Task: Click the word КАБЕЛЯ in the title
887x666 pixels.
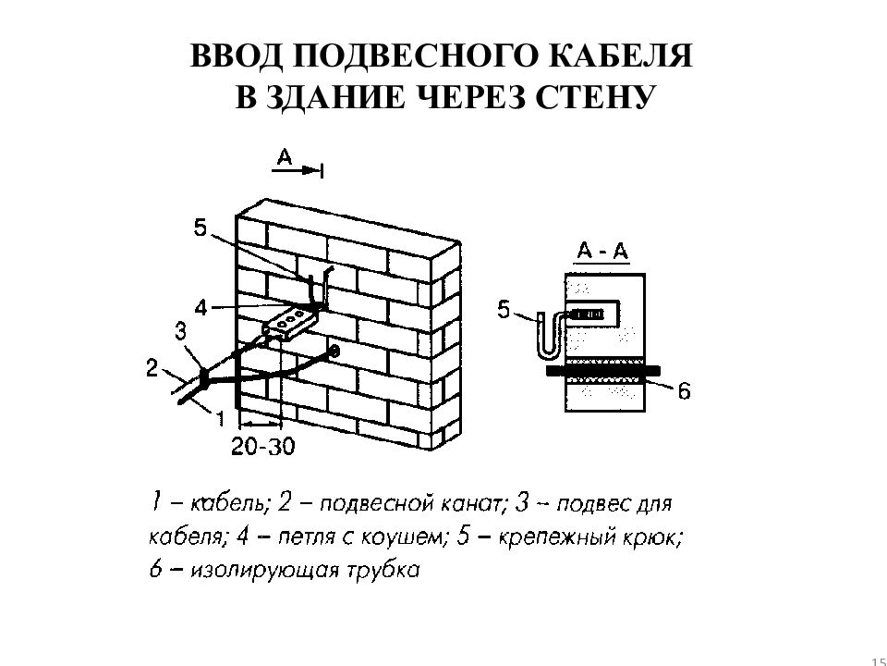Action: pyautogui.click(x=621, y=56)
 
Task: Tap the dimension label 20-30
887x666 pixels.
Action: pyautogui.click(x=263, y=447)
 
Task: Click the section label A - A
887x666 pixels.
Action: pyautogui.click(x=602, y=252)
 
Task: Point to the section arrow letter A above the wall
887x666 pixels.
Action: pyautogui.click(x=284, y=156)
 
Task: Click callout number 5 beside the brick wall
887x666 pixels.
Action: pyautogui.click(x=200, y=228)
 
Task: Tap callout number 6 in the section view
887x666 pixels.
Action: pyautogui.click(x=684, y=390)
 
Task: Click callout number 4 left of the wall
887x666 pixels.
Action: pyautogui.click(x=201, y=308)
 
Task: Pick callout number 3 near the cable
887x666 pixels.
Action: pyautogui.click(x=180, y=331)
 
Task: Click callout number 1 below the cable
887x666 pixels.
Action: pyautogui.click(x=221, y=418)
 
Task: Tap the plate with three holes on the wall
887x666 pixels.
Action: pyautogui.click(x=289, y=324)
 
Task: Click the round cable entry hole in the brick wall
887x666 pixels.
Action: pyautogui.click(x=334, y=351)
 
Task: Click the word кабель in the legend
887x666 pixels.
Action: pyautogui.click(x=228, y=503)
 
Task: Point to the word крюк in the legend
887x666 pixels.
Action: pyautogui.click(x=651, y=537)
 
